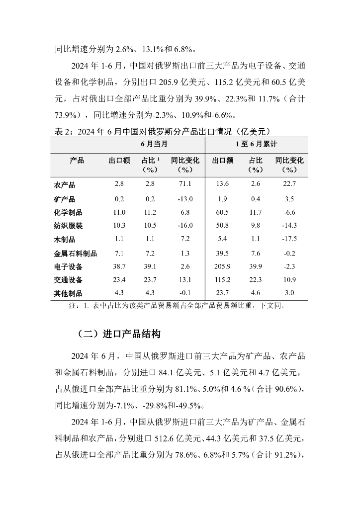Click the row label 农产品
(x=64, y=185)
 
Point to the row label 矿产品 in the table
(x=64, y=199)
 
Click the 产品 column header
(x=77, y=161)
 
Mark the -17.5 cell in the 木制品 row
(x=289, y=239)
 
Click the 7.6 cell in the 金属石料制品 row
(x=255, y=253)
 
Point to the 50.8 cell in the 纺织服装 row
(x=223, y=226)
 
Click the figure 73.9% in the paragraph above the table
(x=67, y=115)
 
